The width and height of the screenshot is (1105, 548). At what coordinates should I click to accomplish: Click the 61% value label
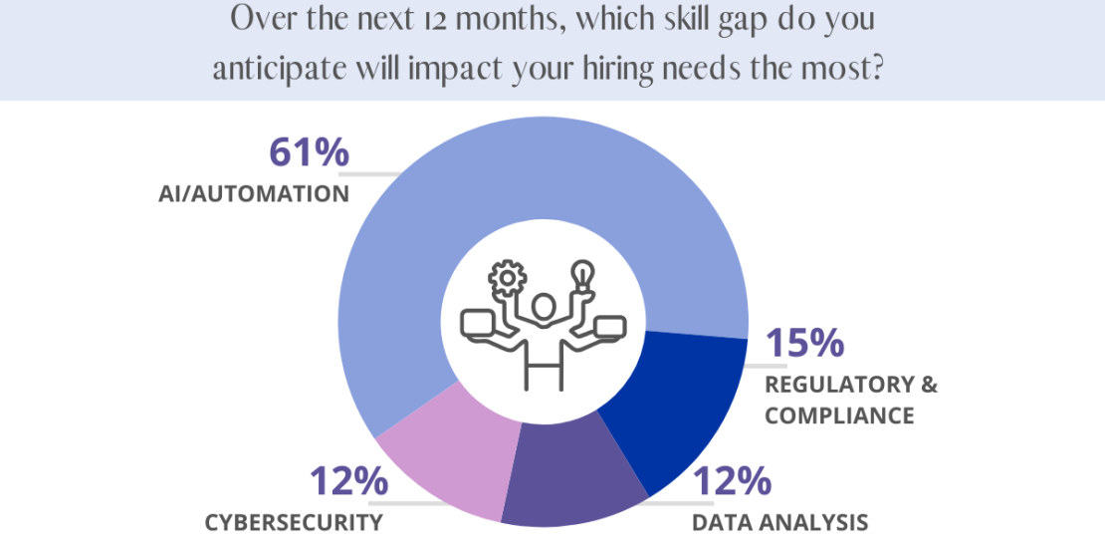pos(309,152)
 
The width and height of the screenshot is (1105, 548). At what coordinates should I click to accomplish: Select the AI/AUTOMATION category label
pos(254,194)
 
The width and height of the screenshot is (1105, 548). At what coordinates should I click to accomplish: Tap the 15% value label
pos(804,343)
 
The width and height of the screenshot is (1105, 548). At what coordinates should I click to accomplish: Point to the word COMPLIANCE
pos(839,415)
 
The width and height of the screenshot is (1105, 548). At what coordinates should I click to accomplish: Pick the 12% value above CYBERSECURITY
pos(347,481)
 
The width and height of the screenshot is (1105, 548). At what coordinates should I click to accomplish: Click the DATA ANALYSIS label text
pos(780,522)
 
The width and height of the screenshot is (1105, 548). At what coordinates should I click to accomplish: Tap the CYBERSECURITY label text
pos(294,522)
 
